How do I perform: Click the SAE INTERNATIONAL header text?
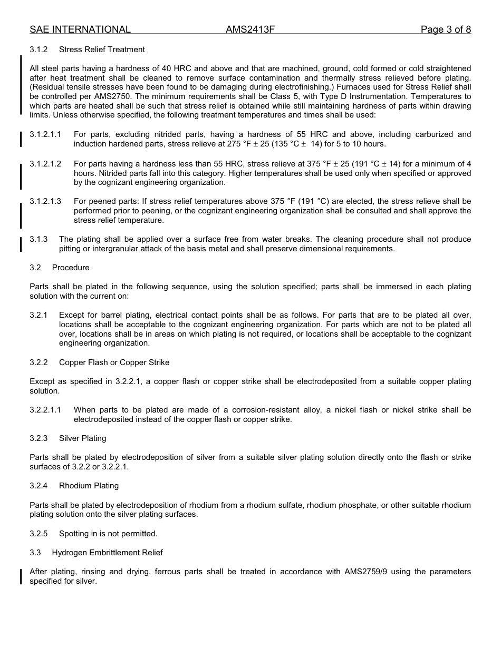pos(80,30)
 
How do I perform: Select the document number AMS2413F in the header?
pos(250,30)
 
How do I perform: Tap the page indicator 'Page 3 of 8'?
pos(446,30)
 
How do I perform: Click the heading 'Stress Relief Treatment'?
pos(102,50)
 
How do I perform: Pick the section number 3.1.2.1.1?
pos(45,135)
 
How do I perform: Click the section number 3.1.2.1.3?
pos(45,202)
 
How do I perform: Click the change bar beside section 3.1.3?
pos(21,244)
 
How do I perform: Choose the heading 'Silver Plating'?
pos(82,438)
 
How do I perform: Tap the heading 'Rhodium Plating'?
pos(89,486)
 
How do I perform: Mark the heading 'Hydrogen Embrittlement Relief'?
pos(107,553)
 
